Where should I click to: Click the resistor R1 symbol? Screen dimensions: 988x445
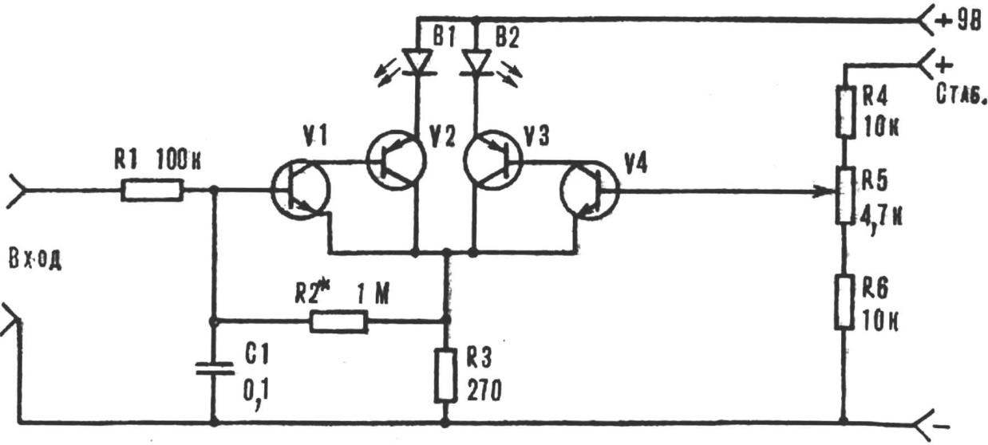click(x=152, y=190)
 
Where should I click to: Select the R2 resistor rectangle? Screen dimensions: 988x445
click(x=338, y=321)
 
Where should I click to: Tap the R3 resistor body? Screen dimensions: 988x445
click(x=445, y=376)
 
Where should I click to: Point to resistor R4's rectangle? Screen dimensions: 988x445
click(x=844, y=112)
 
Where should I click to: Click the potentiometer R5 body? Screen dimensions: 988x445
click(x=845, y=195)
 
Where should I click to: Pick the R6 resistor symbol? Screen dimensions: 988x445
click(x=844, y=302)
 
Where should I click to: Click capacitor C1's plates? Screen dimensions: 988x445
click(x=215, y=368)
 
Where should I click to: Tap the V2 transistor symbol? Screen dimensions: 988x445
click(x=396, y=160)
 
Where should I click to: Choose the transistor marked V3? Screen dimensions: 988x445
click(x=493, y=160)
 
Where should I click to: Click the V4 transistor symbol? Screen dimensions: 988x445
click(x=590, y=191)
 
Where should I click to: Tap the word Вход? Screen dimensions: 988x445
click(x=35, y=260)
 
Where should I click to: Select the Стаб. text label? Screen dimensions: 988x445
click(x=960, y=94)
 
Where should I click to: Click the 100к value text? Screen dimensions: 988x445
click(x=178, y=160)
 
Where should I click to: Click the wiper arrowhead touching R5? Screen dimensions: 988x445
click(x=824, y=191)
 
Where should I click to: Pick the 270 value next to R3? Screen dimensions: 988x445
click(x=484, y=390)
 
